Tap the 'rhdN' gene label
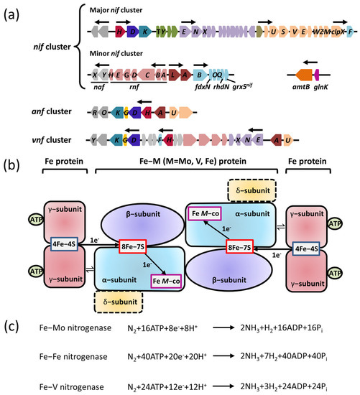[221, 89]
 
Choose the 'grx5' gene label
[249, 89]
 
